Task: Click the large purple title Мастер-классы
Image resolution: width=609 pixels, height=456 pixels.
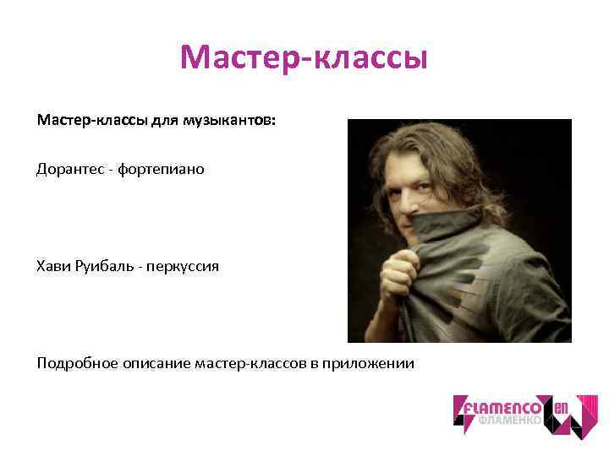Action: (x=304, y=58)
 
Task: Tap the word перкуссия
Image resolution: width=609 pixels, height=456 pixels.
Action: (x=183, y=266)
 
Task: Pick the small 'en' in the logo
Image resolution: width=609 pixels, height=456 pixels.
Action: (x=561, y=408)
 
